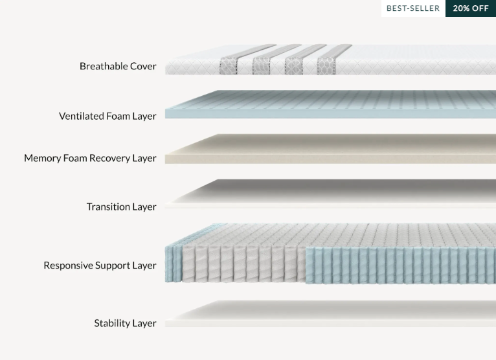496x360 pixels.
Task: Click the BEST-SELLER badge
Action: (x=413, y=8)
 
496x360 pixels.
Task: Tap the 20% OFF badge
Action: (x=471, y=8)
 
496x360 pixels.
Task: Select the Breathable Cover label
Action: (x=118, y=66)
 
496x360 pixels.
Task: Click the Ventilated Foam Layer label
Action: (x=107, y=117)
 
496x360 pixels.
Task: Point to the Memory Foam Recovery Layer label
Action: (x=90, y=158)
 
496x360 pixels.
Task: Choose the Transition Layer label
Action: (x=121, y=207)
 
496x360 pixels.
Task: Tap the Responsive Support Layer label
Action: (x=100, y=265)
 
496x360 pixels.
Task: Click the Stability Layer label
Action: (x=125, y=323)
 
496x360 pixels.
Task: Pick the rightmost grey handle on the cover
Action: (x=327, y=63)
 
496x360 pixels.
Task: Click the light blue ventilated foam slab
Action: (x=330, y=105)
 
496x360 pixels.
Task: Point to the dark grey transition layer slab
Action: (x=330, y=193)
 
